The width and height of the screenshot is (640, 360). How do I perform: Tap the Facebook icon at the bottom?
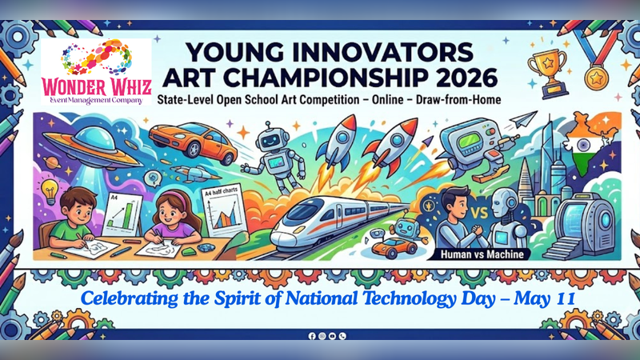tap(312, 337)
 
